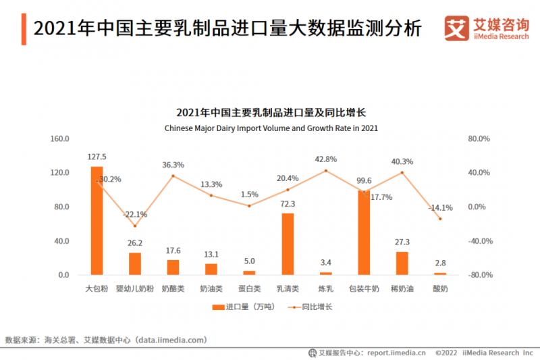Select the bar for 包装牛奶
click(364, 232)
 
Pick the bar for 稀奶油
click(402, 263)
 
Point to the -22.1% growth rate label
click(135, 215)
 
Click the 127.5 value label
click(97, 157)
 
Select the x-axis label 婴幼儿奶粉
click(135, 288)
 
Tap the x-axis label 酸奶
click(440, 288)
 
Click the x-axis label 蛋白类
click(249, 288)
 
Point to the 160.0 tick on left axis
click(60, 138)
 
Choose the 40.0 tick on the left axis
click(62, 241)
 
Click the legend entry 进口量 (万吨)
click(240, 307)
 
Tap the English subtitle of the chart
click(270, 127)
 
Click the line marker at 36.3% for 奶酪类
click(173, 176)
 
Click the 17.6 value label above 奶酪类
click(173, 250)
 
